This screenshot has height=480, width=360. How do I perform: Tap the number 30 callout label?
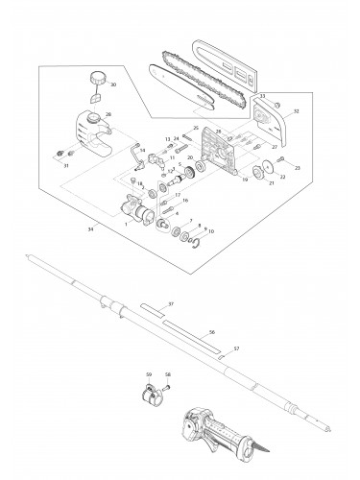coord(113,84)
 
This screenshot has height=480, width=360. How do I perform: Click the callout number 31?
coord(66,166)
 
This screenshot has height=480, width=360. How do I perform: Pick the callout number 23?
coord(298,168)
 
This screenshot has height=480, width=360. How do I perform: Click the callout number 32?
coord(296,111)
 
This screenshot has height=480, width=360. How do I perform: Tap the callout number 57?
coord(236,349)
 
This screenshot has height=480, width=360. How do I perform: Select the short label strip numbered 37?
coord(154,311)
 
